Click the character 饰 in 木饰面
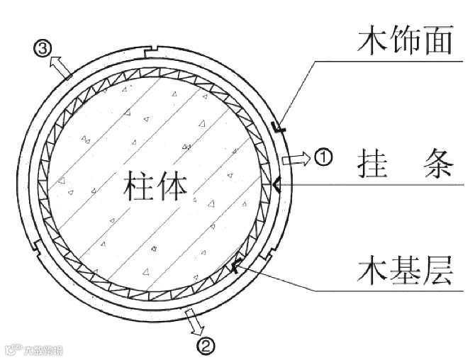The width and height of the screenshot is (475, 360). (x=403, y=40)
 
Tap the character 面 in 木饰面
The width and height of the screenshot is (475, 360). (x=439, y=40)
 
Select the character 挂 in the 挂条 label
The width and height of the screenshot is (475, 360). (x=370, y=167)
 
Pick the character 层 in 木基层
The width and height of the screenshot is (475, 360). (x=437, y=271)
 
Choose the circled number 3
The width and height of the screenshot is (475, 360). (x=43, y=48)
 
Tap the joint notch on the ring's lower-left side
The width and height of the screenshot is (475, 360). (x=35, y=247)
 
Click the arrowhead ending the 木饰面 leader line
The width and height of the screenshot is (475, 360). (x=278, y=128)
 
